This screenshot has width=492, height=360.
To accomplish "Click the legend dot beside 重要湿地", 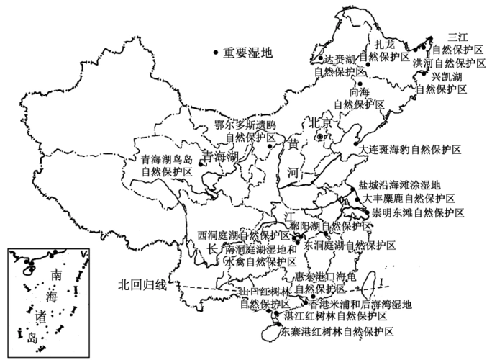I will point(217,52).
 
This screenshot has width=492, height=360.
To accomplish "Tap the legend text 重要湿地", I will point(248,52).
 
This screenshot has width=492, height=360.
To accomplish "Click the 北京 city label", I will point(322,123).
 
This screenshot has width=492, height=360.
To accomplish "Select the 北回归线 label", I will point(142,285).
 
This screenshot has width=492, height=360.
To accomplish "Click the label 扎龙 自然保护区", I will point(384,50).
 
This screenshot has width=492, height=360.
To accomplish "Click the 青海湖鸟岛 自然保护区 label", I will point(167,166).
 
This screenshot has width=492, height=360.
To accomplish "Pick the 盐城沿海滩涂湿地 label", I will point(402,185).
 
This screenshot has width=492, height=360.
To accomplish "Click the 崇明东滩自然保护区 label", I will point(418,212).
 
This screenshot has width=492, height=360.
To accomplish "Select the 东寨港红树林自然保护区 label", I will point(337,332).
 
